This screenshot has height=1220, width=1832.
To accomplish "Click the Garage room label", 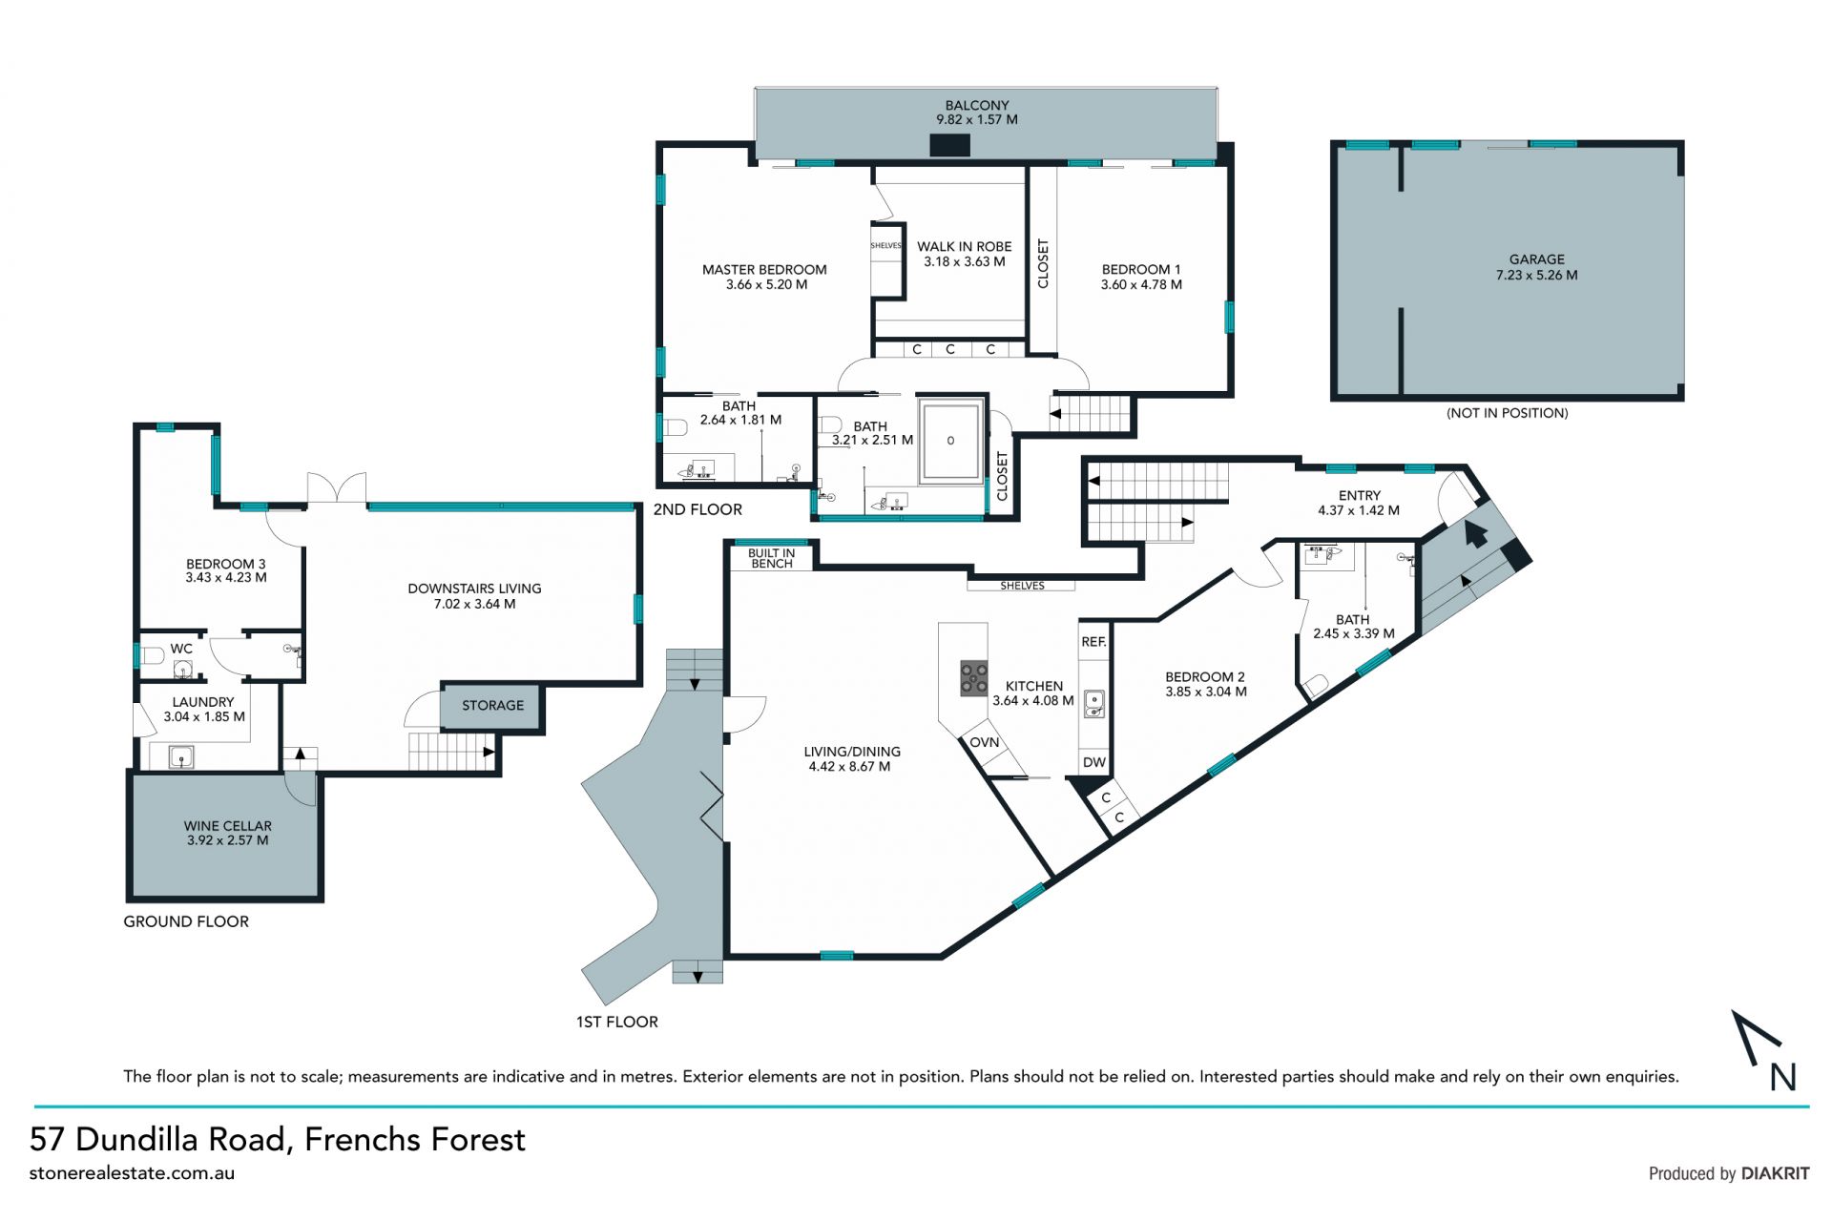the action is pos(1536,259).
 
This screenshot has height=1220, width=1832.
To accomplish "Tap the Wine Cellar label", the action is pos(227,826).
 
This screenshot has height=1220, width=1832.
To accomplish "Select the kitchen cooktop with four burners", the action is pos(974,678).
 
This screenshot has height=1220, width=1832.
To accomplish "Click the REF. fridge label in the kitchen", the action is pos(1093,642).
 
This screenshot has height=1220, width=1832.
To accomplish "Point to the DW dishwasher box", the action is pos(1094,762).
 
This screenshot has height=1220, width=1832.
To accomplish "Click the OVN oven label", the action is pos(985,742).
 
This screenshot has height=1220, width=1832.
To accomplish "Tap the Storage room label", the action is pos(492,706).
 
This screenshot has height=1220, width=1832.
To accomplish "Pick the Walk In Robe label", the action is pos(964,247).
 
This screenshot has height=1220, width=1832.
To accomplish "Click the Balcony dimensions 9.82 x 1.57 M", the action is pos(977,120).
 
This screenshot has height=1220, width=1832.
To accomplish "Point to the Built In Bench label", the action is pos(771,558).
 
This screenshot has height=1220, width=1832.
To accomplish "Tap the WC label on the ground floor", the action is pos(181,649).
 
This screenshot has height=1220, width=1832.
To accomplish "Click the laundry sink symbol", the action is pos(181,757).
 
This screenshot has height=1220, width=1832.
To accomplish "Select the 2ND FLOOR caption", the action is pos(697,510).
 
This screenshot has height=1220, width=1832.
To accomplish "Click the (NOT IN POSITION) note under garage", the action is pos(1507,413).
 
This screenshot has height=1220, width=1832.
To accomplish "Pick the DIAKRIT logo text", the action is pos(1775,1174).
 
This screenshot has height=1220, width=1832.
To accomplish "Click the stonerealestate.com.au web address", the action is pos(132,1174).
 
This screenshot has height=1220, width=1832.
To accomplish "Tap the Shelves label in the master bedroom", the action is pos(885,246).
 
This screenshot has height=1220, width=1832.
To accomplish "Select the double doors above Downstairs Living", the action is pos(336,487).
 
